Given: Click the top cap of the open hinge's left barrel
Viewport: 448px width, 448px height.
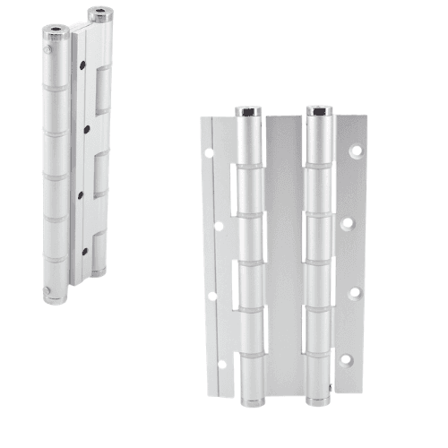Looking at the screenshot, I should pyautogui.click(x=248, y=113).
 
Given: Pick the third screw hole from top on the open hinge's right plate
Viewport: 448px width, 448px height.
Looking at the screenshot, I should pyautogui.click(x=353, y=291).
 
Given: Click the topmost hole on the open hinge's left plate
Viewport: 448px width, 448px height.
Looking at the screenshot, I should pyautogui.click(x=209, y=153).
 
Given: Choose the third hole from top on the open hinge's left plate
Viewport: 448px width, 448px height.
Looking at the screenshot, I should pyautogui.click(x=211, y=295).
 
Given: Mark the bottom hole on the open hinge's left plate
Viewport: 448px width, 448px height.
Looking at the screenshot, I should pyautogui.click(x=218, y=363).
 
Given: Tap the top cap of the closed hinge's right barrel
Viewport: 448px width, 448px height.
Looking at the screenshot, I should pyautogui.click(x=99, y=14).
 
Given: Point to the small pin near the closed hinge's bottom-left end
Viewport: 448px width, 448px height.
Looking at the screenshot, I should pyautogui.click(x=47, y=289).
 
